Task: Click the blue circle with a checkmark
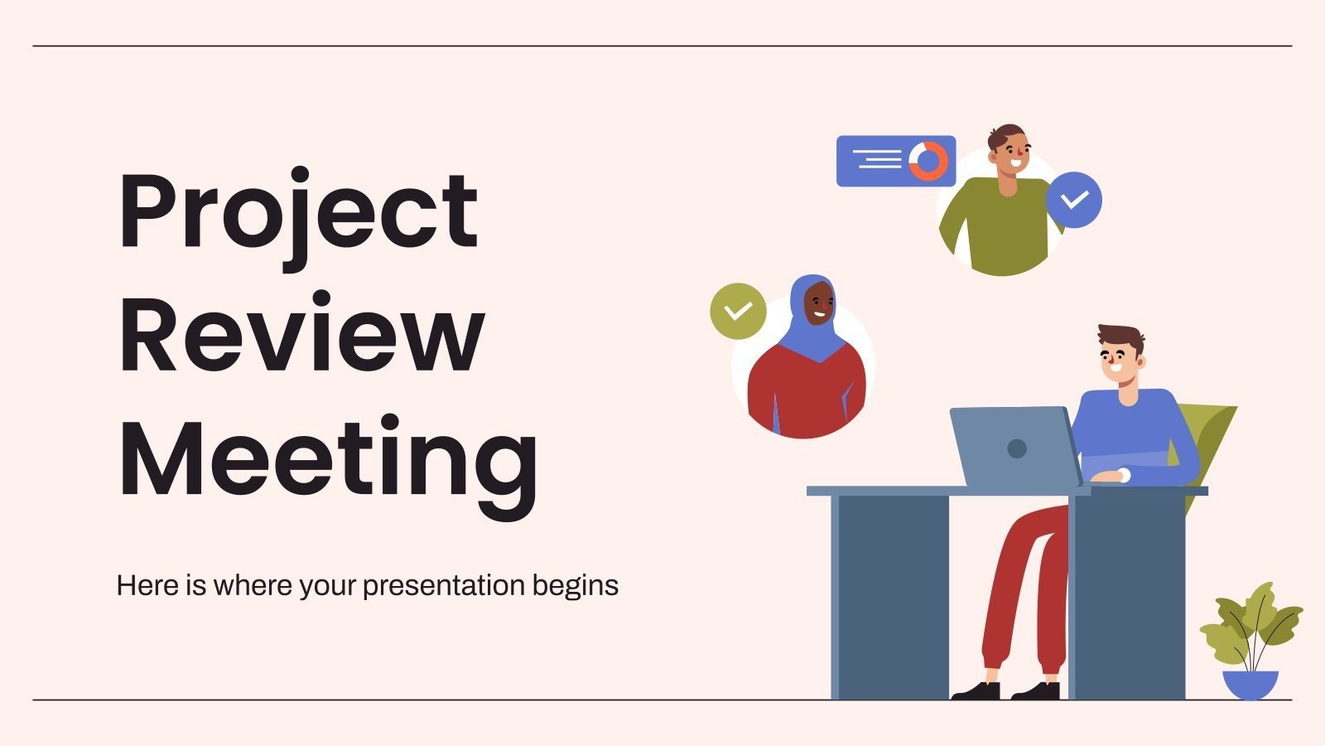(x=1074, y=200)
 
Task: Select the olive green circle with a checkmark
(x=738, y=311)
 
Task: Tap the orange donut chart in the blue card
(x=928, y=161)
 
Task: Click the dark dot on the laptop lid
(x=1017, y=448)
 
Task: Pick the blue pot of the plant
(x=1250, y=684)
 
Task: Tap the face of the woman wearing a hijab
(x=819, y=305)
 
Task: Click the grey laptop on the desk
(x=1014, y=448)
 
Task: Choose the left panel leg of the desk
(x=890, y=597)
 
